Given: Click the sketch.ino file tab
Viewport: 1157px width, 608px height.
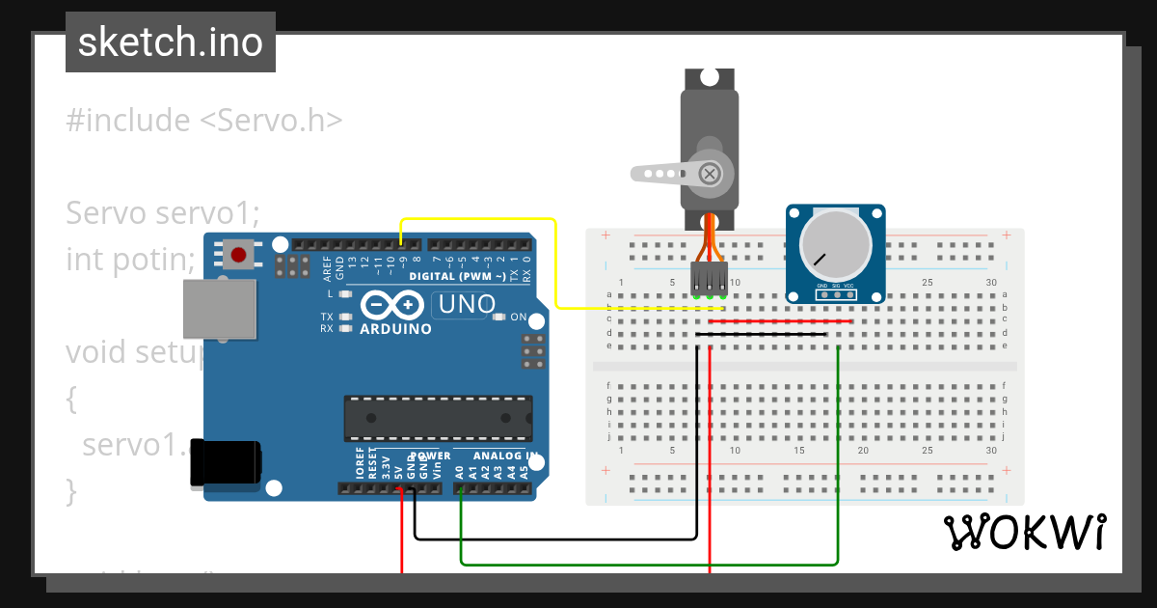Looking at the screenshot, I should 170,42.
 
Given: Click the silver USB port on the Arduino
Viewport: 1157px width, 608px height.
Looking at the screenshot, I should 221,309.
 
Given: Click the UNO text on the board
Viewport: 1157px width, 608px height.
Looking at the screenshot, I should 468,305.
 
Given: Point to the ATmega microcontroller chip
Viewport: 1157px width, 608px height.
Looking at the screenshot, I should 438,416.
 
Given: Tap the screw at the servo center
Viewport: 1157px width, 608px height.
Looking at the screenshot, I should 710,174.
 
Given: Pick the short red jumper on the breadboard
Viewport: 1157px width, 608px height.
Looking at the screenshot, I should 781,321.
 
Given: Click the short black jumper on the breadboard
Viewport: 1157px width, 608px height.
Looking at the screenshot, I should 762,334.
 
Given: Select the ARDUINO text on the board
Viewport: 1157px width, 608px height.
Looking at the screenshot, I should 395,329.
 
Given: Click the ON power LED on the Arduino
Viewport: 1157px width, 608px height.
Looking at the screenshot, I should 500,317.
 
